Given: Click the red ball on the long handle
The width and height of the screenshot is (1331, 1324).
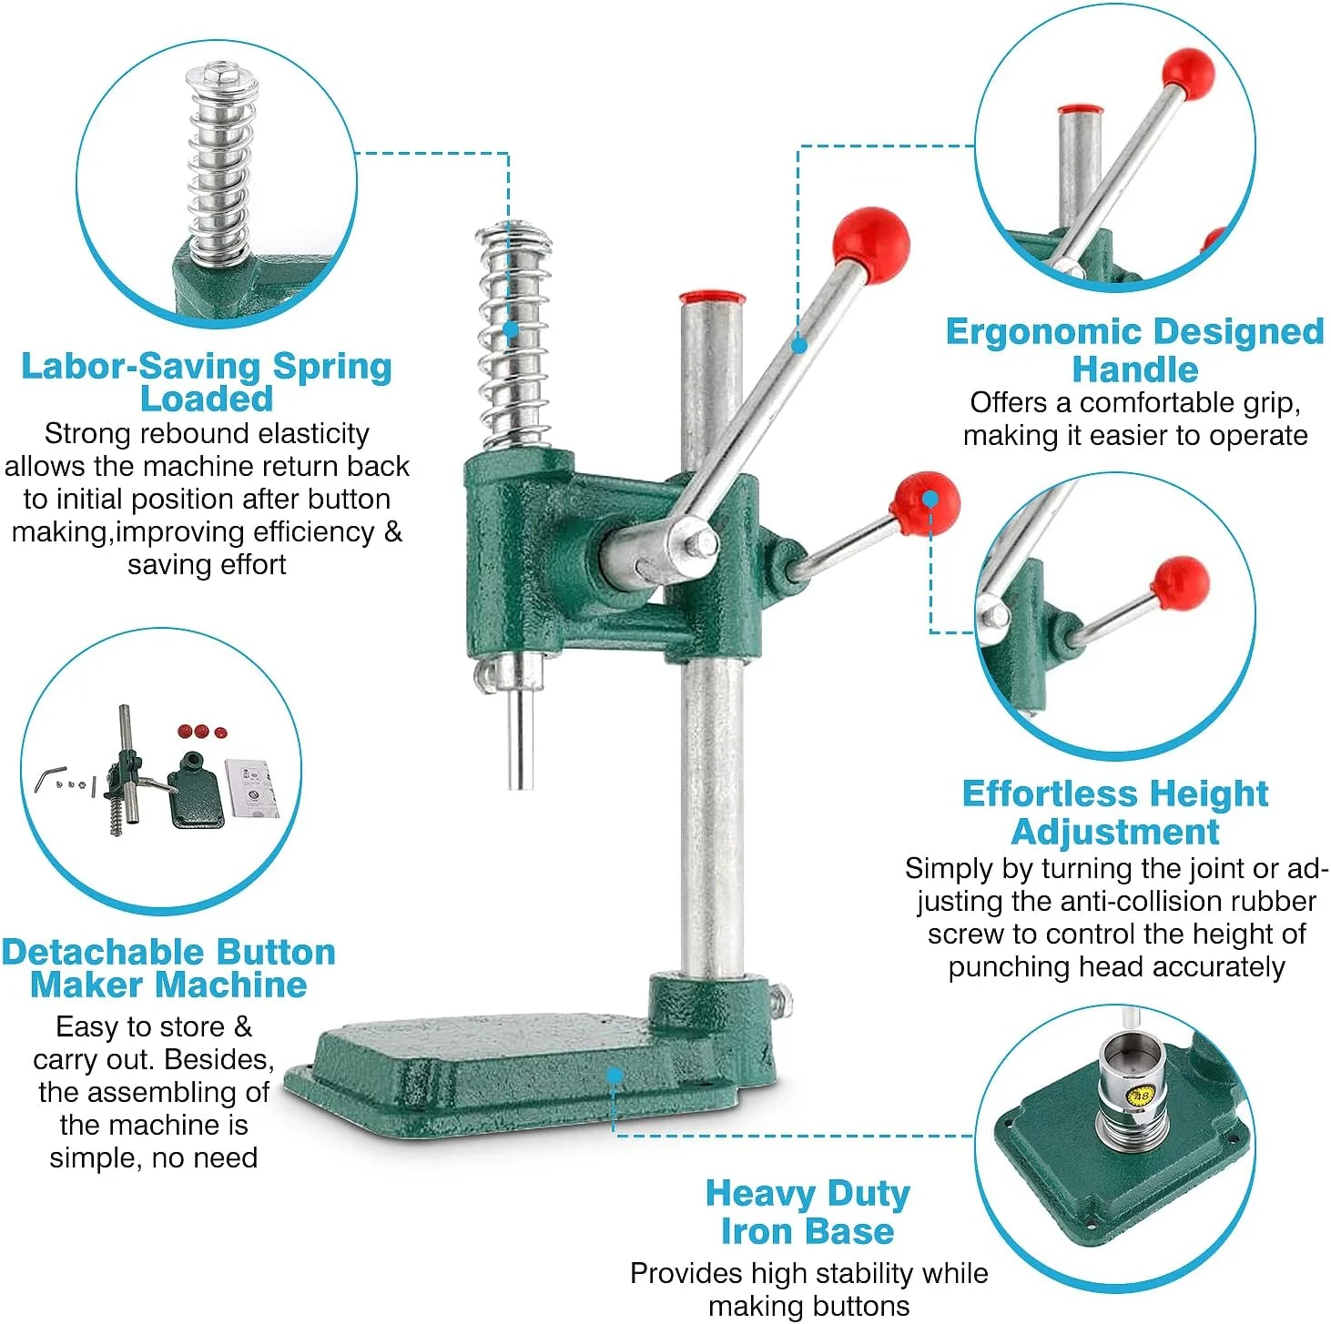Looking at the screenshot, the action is [x=870, y=245].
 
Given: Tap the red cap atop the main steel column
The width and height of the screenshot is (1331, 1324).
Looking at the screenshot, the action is [x=712, y=299].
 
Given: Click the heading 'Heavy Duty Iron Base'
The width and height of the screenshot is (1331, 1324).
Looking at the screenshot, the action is [x=807, y=1214].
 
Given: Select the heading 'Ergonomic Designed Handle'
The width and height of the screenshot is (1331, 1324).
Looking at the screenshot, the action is [x=1134, y=350].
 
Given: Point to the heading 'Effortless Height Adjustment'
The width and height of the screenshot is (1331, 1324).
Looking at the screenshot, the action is [x=1115, y=813].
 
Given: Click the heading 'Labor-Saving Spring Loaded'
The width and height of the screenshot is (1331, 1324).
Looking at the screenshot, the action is [x=207, y=382].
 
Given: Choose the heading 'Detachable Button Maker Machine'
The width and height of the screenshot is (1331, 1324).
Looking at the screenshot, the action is [x=168, y=968].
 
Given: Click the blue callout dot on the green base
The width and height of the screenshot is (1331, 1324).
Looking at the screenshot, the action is [x=614, y=1076].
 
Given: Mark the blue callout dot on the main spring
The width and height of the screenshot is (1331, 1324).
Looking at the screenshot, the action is [x=511, y=328].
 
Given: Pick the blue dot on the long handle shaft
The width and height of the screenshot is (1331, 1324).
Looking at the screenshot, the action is [x=799, y=345].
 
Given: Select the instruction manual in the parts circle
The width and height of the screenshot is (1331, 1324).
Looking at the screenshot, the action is [x=253, y=788].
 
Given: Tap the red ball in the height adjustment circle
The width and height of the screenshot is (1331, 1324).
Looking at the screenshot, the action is [x=1180, y=583].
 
